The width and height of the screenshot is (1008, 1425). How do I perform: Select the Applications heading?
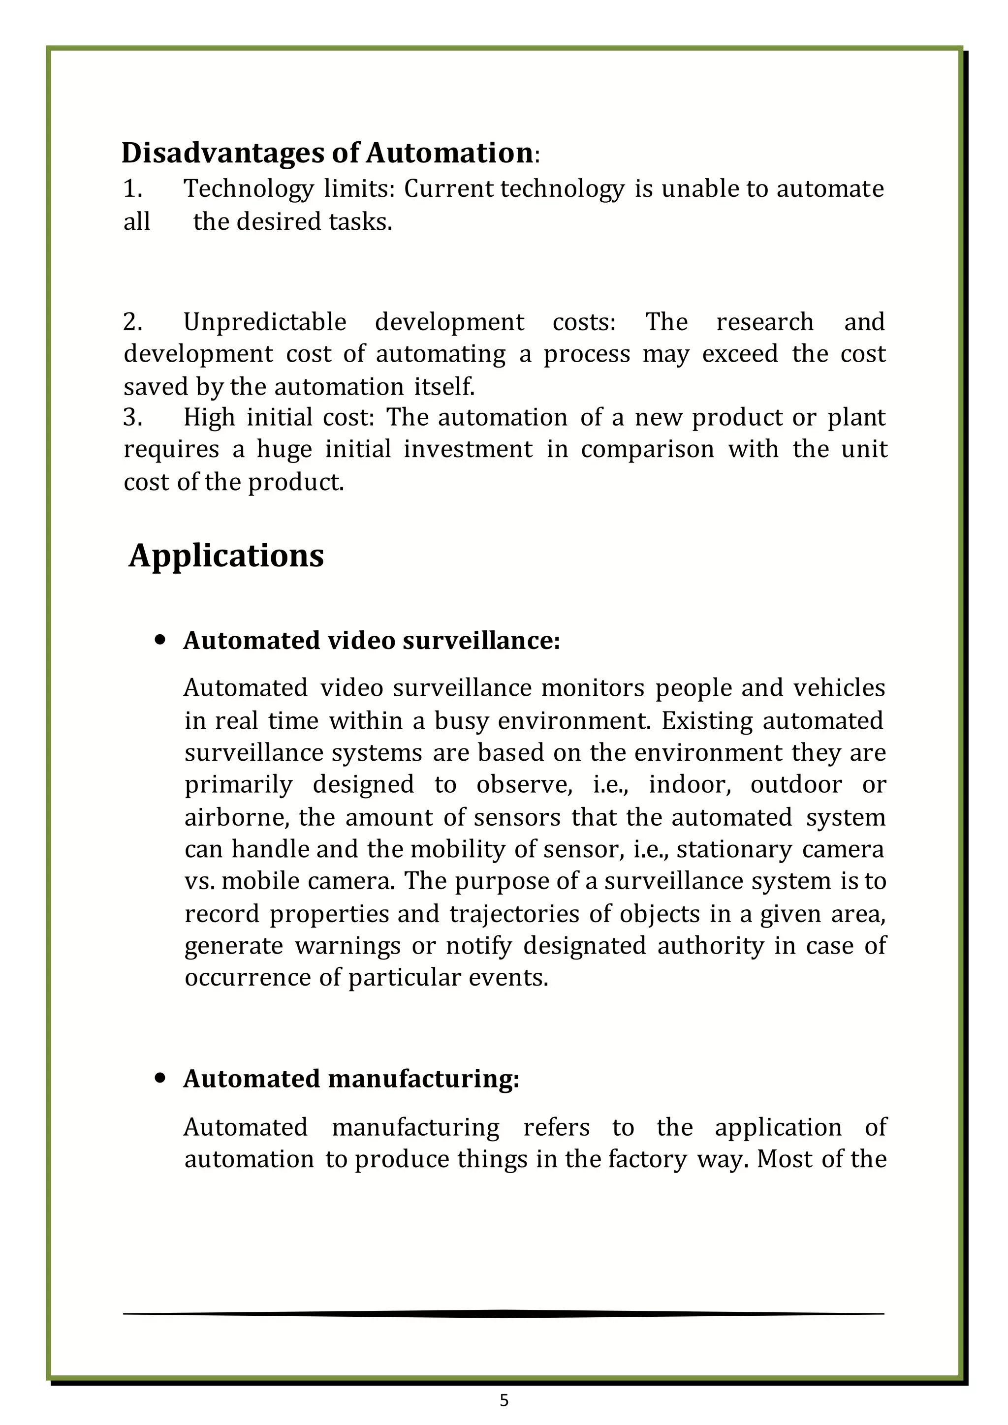(x=226, y=556)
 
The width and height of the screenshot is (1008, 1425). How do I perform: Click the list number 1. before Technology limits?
(x=133, y=188)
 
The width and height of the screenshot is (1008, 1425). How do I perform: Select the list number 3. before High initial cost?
(x=133, y=418)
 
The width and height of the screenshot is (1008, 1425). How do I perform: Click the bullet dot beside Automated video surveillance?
(x=161, y=640)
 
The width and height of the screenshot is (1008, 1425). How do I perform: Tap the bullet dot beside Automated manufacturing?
(x=161, y=1079)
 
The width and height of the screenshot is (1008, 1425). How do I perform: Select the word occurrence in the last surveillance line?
(x=248, y=978)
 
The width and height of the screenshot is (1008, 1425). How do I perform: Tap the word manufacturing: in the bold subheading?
(x=423, y=1079)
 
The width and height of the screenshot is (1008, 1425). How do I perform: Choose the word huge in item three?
(x=284, y=449)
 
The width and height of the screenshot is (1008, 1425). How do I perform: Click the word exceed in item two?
(x=740, y=354)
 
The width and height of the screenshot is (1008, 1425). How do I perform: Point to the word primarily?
(x=238, y=785)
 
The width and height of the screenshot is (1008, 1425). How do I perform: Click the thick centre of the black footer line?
(x=504, y=1314)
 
